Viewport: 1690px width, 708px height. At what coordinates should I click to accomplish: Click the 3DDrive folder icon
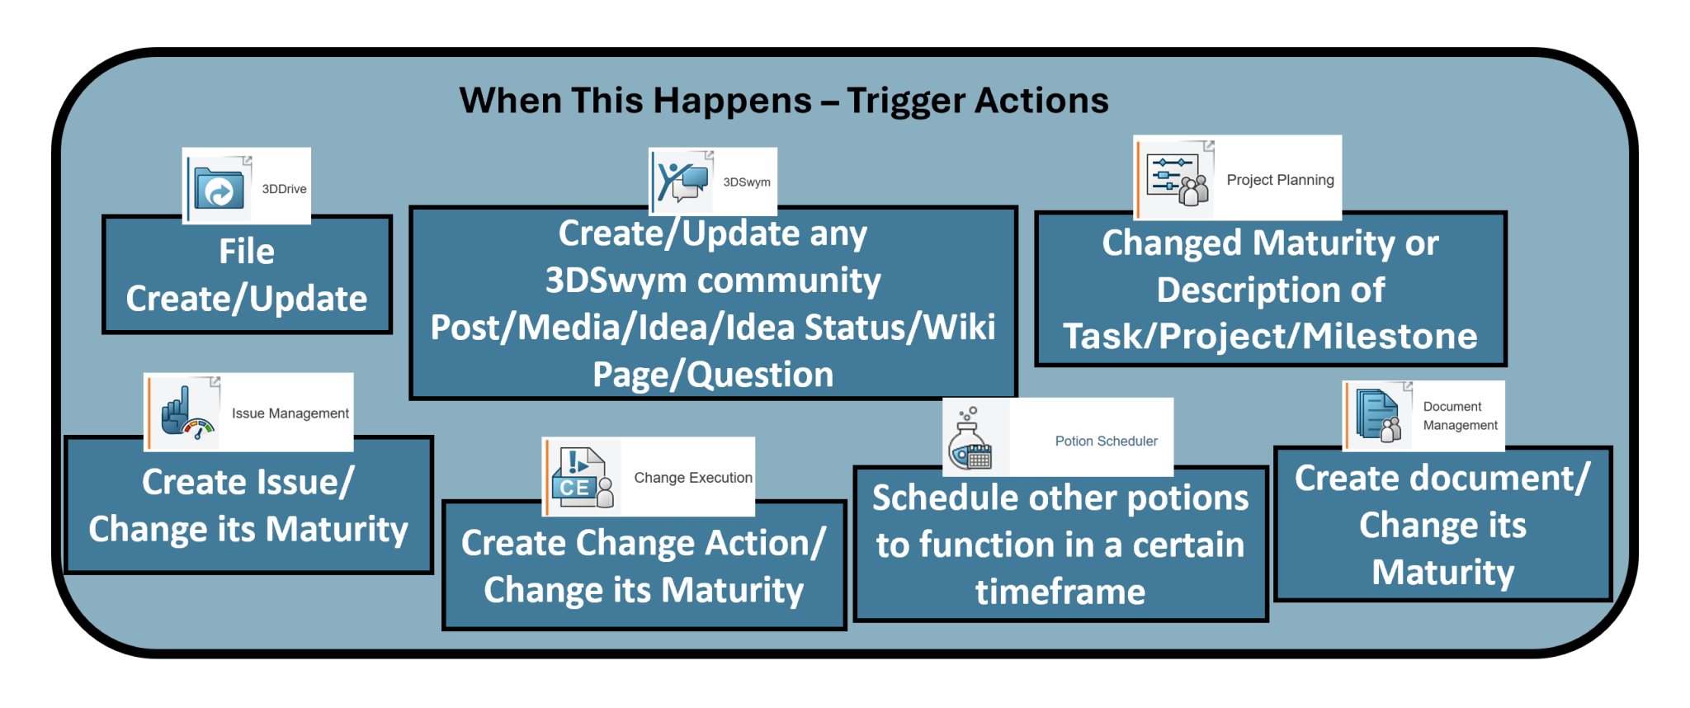point(219,189)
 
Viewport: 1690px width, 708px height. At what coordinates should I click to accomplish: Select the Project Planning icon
point(1178,179)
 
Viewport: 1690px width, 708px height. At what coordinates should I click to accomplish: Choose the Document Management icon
point(1379,416)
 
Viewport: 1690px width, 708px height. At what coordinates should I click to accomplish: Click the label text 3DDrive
point(284,189)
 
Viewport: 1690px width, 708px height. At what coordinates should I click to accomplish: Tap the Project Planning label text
point(1280,180)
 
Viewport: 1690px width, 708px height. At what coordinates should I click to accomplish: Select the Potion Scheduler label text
point(1106,441)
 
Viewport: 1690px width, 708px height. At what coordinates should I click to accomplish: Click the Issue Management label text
point(290,413)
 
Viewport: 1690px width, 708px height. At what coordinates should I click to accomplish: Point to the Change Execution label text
point(693,478)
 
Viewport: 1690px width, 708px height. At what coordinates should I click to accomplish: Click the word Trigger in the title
point(906,101)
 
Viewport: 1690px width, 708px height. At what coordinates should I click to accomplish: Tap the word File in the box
point(247,252)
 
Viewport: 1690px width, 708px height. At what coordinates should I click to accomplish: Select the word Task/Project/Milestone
point(1270,337)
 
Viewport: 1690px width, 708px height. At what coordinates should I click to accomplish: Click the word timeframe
point(1060,592)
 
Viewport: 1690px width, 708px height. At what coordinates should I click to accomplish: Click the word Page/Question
point(713,375)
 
